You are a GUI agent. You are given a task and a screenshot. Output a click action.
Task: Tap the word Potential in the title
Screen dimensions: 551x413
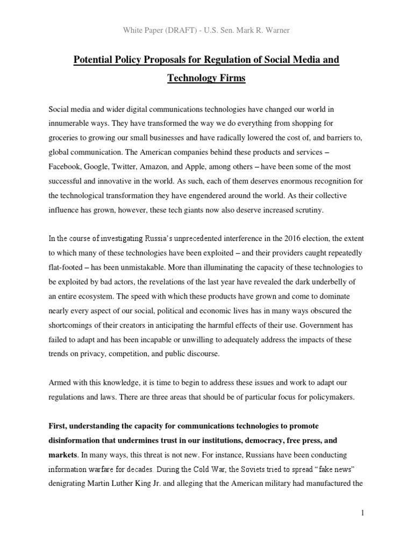pyautogui.click(x=95, y=60)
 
